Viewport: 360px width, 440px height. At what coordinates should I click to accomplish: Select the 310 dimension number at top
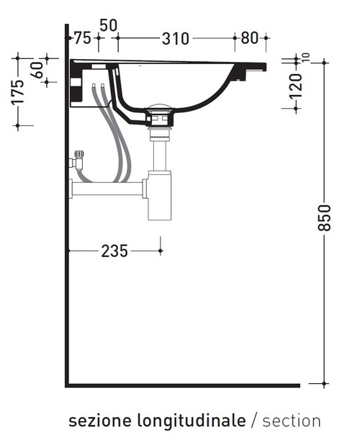pos(175,38)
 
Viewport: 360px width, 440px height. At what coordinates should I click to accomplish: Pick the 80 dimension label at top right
pos(250,38)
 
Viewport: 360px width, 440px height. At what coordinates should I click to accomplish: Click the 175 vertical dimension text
pos(18,91)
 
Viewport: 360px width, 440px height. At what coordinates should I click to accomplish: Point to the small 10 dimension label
pos(306,56)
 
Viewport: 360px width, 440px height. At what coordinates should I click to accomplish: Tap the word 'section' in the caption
pos(292,421)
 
